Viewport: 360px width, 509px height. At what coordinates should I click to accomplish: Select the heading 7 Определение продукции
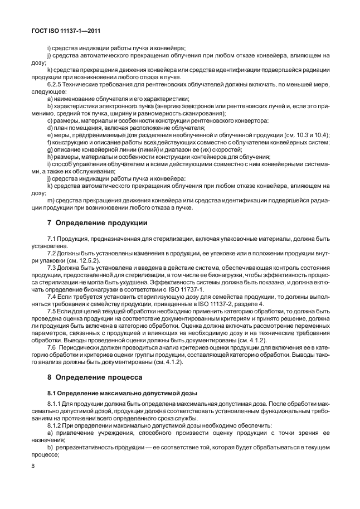[x=96, y=223]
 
